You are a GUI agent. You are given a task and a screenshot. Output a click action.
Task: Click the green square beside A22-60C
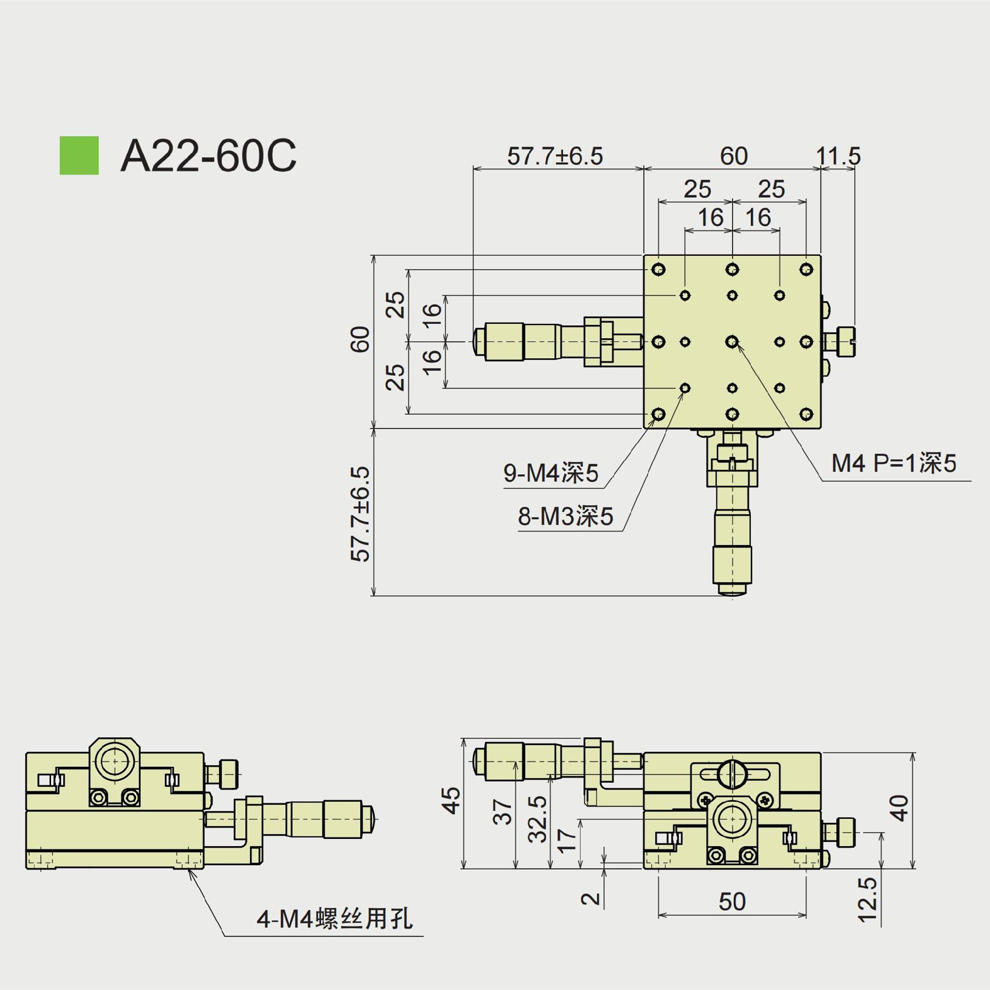click(x=79, y=155)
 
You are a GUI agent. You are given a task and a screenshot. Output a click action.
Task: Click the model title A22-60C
click(x=208, y=155)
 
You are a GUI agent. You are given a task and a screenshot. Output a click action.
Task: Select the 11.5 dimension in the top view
click(x=838, y=156)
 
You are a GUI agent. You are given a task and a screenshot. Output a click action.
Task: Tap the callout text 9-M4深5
click(x=551, y=473)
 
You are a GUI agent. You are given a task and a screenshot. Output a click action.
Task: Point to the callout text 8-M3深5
click(x=566, y=516)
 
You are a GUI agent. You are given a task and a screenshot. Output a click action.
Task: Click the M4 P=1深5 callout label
click(x=894, y=464)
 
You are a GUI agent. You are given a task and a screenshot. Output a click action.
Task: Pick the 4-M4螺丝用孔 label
click(x=335, y=933)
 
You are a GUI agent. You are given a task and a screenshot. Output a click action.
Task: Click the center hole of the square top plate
click(x=732, y=341)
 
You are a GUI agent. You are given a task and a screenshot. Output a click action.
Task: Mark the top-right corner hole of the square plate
click(x=806, y=269)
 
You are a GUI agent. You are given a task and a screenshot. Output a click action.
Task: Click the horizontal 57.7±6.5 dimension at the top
click(x=555, y=156)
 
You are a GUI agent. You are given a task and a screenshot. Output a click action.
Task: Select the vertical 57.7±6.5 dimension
click(x=360, y=514)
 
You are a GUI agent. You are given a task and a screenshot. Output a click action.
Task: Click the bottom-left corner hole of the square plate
click(x=658, y=414)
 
